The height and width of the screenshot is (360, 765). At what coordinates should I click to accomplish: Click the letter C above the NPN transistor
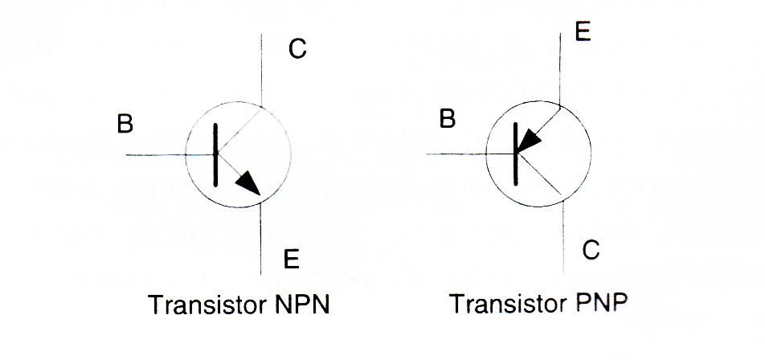(297, 51)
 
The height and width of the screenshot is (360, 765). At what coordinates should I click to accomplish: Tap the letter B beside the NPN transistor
(125, 124)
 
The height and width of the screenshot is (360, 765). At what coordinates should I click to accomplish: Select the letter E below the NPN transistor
(292, 259)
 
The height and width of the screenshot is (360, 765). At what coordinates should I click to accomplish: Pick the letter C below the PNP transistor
(591, 251)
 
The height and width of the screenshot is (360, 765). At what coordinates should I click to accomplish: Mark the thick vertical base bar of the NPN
(216, 155)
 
